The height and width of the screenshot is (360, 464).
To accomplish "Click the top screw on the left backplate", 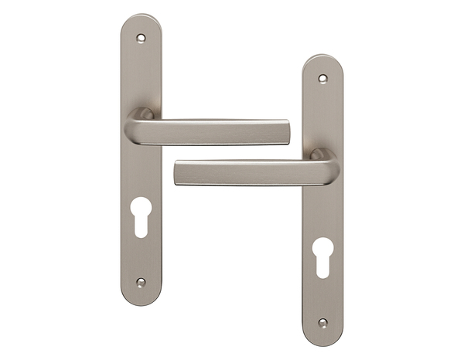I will point(141,36).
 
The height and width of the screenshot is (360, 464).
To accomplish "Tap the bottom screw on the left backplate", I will point(141,283).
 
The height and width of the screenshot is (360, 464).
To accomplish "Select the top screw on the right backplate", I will point(322,78).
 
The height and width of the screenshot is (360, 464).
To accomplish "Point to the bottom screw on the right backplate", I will point(322,323).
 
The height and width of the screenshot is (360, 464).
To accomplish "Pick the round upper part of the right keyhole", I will point(322,247).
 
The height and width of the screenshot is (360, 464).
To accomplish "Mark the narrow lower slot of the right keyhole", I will point(322,267).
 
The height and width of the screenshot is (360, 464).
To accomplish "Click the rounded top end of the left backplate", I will point(141,19).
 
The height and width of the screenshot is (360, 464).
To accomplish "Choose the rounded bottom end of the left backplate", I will point(141,299).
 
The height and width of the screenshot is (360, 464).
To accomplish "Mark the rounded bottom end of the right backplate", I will point(322,340).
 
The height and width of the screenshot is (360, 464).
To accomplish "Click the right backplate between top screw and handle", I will point(322,116).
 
